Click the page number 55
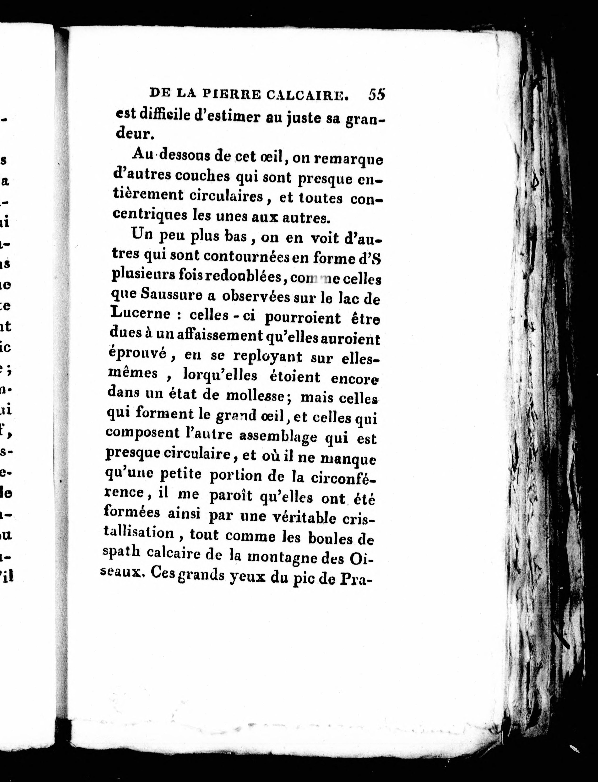click(377, 95)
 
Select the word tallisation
click(139, 533)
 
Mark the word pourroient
click(302, 317)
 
